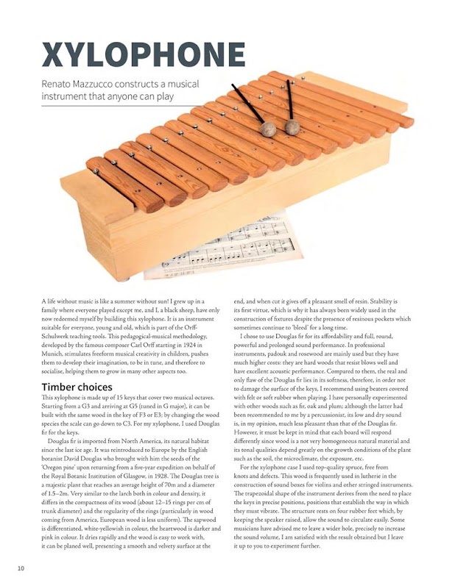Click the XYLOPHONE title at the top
click(x=143, y=54)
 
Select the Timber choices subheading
click(x=77, y=387)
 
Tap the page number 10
click(x=21, y=568)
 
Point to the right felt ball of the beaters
click(x=292, y=127)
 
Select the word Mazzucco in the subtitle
click(x=108, y=84)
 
